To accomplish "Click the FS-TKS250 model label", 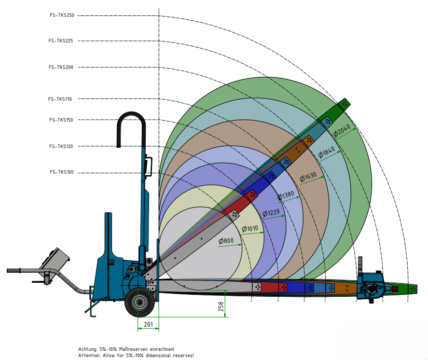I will point(61,15).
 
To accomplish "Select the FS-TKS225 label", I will point(61,41).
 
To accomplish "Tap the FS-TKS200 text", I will point(61,67).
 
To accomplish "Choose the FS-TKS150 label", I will point(61,120).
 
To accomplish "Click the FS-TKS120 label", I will point(61,146).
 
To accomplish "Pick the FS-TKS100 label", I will point(61,172).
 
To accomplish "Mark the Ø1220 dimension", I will point(271,212).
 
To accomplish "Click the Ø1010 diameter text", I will point(250,228).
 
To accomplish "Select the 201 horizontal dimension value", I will point(148,325).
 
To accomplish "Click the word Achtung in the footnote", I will point(88,349).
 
